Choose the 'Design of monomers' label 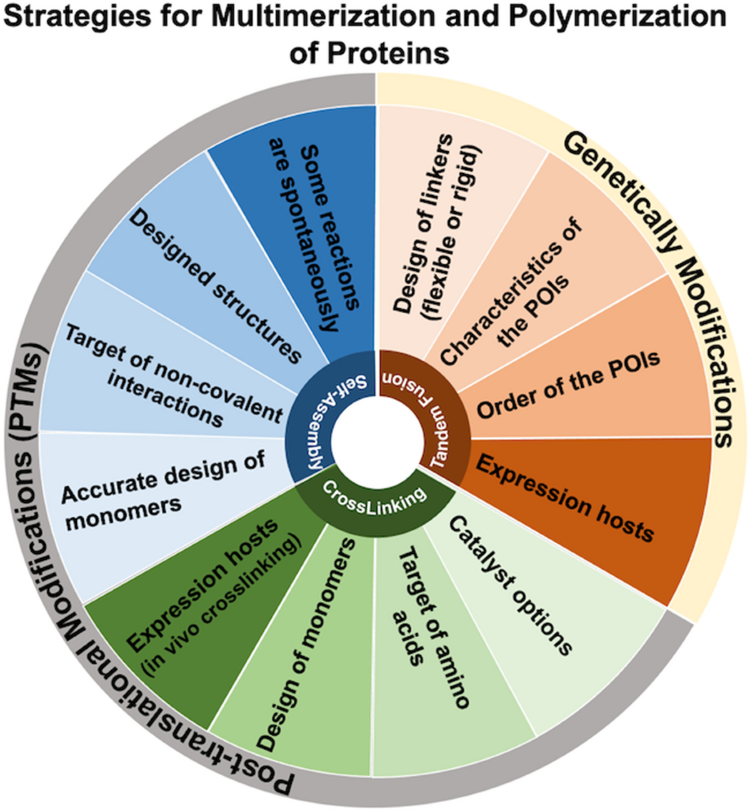coord(306,644)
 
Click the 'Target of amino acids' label coord(431,631)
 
